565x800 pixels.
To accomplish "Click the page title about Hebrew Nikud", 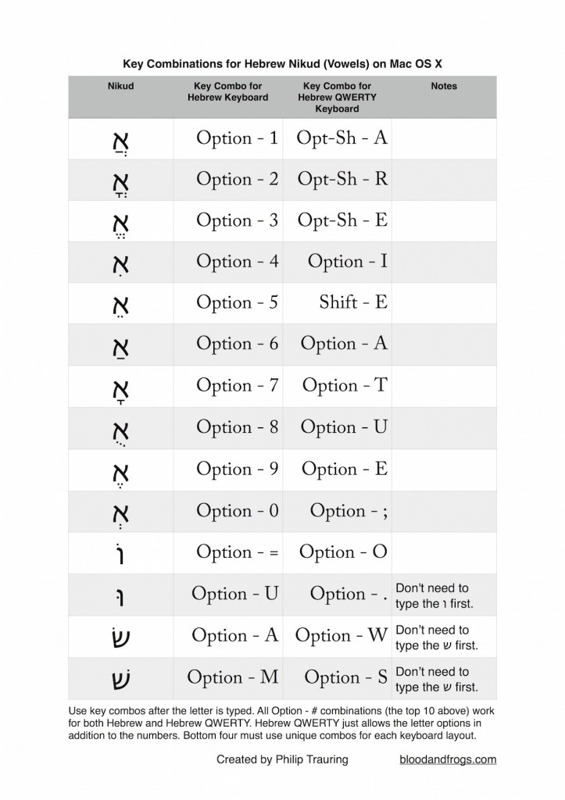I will click(282, 62).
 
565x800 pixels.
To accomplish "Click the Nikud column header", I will click(120, 86).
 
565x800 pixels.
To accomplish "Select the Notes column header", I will click(444, 86).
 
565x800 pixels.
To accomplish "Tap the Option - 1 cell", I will click(237, 138).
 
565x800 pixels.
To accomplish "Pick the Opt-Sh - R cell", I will click(342, 179).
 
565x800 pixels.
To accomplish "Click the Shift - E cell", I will click(353, 302).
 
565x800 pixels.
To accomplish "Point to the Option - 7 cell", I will click(237, 385).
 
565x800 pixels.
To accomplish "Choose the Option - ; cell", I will click(349, 511).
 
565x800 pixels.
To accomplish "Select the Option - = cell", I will click(238, 552).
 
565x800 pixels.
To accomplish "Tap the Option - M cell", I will click(235, 677).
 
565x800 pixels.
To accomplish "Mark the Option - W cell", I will click(341, 636).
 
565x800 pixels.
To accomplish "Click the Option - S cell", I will click(345, 677).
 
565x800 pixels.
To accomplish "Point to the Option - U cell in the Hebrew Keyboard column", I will click(235, 594).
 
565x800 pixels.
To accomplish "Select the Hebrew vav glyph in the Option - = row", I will click(120, 552).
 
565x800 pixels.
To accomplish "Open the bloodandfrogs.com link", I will click(448, 759).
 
